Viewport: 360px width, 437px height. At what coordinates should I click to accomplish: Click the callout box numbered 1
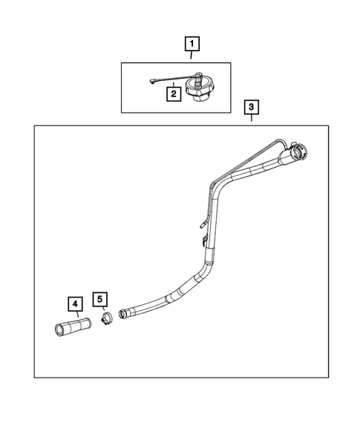pyautogui.click(x=192, y=43)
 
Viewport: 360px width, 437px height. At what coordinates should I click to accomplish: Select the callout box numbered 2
pyautogui.click(x=172, y=94)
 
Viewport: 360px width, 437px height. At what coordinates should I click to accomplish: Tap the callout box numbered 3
pyautogui.click(x=252, y=108)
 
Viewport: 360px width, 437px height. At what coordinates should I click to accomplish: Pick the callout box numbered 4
pyautogui.click(x=73, y=303)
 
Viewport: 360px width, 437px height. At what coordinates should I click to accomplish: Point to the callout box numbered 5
pyautogui.click(x=99, y=298)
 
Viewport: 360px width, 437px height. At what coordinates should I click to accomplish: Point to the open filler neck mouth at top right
pyautogui.click(x=300, y=154)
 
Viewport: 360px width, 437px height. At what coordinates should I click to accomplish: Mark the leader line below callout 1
pyautogui.click(x=192, y=56)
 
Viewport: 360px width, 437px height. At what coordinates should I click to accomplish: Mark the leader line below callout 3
pyautogui.click(x=252, y=119)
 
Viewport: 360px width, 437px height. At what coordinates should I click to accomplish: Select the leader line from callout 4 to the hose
pyautogui.click(x=73, y=315)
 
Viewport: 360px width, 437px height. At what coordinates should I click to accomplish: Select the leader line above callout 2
pyautogui.click(x=174, y=82)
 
